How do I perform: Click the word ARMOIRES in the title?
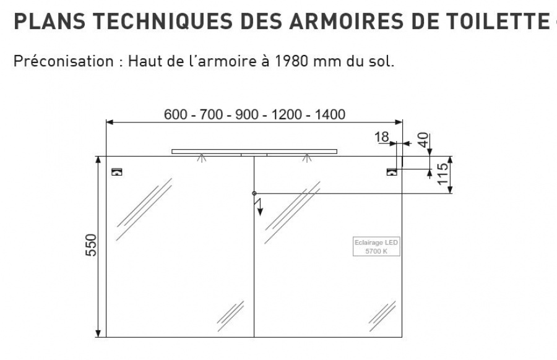tap(347, 21)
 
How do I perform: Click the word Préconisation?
tap(64, 61)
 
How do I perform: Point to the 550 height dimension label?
tap(92, 245)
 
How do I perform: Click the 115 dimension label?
tap(443, 174)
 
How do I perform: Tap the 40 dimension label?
tap(423, 140)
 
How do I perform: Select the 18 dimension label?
tap(382, 137)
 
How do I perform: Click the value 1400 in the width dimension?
tap(330, 114)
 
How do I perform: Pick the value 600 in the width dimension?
tap(176, 114)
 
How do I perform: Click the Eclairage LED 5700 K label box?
tap(376, 246)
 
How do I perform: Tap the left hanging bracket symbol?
tap(117, 172)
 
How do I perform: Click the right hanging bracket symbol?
tap(392, 172)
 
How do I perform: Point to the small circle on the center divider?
tap(254, 194)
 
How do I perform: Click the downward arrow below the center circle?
tap(260, 207)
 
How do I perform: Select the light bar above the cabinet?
tap(254, 152)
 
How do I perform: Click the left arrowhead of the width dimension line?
tap(110, 122)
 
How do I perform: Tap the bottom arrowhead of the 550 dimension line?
tap(98, 334)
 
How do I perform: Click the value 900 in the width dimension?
tap(247, 114)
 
